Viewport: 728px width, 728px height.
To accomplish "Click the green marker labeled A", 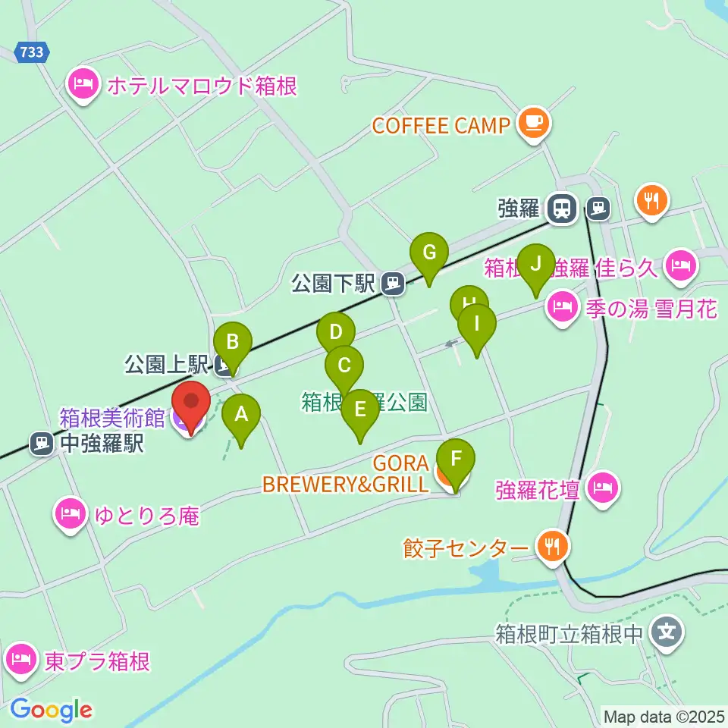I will [x=241, y=416].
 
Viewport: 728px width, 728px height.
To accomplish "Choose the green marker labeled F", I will [x=455, y=460].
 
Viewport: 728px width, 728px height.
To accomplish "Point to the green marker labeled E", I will [x=360, y=410].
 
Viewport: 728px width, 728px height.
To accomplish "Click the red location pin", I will [x=190, y=403].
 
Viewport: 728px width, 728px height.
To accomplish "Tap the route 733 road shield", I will [x=33, y=52].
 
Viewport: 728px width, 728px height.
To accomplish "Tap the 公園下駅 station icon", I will [x=392, y=284].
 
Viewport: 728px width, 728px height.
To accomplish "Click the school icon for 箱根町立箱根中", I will [x=667, y=629].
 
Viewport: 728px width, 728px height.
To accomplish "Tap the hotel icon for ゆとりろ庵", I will [x=70, y=515].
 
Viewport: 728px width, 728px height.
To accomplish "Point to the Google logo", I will [x=51, y=710].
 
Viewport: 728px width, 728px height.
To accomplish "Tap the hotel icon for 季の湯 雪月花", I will [x=561, y=306].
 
